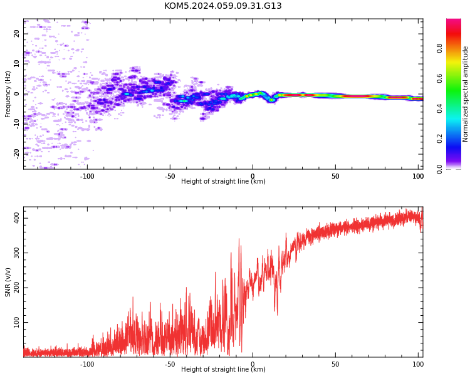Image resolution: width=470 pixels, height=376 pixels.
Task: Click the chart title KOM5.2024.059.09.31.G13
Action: (x=223, y=6)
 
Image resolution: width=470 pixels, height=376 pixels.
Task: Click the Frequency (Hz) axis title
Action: (x=8, y=94)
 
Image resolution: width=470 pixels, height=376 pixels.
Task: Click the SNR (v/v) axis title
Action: (x=8, y=282)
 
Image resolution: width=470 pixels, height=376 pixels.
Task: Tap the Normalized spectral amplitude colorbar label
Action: (x=465, y=94)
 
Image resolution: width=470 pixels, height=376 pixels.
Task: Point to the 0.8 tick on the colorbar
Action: (x=439, y=48)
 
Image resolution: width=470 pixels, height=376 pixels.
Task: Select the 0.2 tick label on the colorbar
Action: (x=439, y=139)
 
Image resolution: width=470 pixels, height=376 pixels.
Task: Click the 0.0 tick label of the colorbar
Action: (x=439, y=169)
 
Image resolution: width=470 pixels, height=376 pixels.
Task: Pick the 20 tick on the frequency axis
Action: (x=16, y=34)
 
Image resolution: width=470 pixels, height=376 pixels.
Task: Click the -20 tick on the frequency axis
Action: (x=16, y=154)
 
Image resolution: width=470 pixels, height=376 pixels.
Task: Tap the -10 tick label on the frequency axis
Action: (x=16, y=124)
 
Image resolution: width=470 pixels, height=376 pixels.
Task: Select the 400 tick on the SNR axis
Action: (x=16, y=218)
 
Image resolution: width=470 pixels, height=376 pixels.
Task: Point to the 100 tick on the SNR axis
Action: (x=16, y=322)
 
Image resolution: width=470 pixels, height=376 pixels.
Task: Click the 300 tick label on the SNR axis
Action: (x=16, y=253)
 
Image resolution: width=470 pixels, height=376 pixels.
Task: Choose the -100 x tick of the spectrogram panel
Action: (x=87, y=176)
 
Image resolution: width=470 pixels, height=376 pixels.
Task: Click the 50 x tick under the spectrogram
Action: (x=335, y=176)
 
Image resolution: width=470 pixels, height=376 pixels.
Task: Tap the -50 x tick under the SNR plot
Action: (x=170, y=364)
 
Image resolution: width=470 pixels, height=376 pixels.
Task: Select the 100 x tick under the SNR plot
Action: (x=418, y=364)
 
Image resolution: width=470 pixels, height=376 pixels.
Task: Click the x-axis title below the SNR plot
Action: (x=223, y=369)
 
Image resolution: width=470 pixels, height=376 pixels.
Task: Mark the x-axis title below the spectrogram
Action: (x=223, y=181)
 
